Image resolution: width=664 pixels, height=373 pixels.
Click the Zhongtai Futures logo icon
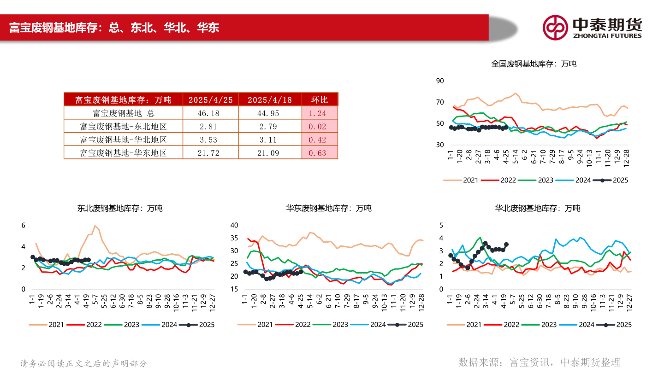(555, 27)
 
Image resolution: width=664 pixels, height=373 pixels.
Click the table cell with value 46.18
(211, 113)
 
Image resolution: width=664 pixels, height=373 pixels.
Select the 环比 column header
(320, 100)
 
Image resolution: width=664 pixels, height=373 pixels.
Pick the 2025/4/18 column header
(270, 100)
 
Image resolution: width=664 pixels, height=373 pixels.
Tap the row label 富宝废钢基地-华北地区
(123, 140)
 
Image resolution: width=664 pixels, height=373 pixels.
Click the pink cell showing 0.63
(320, 153)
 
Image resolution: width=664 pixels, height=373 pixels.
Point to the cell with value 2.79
(270, 126)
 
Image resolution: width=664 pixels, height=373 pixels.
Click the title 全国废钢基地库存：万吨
(534, 64)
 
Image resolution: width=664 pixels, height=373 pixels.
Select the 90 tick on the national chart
(440, 81)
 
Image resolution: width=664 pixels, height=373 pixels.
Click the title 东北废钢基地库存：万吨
(120, 209)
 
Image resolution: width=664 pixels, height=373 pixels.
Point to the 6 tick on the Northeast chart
(23, 226)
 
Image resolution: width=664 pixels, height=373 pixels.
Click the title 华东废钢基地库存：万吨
(328, 209)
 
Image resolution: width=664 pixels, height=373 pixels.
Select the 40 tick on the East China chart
(234, 225)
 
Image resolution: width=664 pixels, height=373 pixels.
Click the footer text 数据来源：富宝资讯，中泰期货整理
(539, 362)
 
